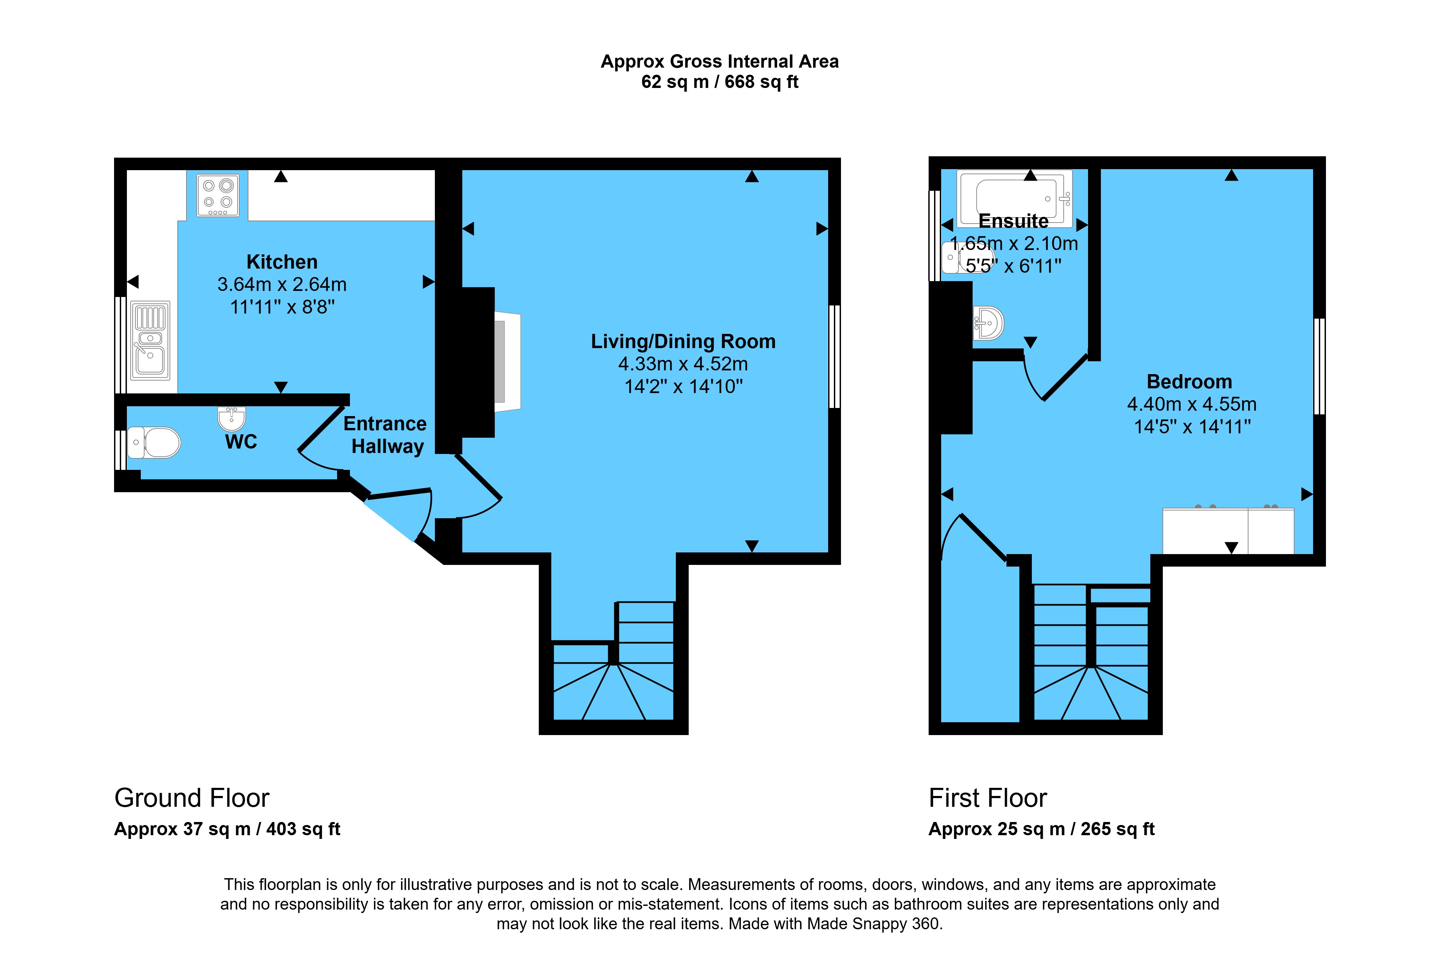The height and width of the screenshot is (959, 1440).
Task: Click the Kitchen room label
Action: (x=282, y=262)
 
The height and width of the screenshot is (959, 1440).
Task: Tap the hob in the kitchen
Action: (x=218, y=196)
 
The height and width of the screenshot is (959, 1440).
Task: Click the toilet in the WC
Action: (x=154, y=442)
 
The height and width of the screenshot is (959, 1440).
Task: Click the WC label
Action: (x=241, y=441)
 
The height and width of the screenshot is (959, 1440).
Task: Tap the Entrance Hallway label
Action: (x=385, y=435)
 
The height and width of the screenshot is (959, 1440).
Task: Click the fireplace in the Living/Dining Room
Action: (x=507, y=362)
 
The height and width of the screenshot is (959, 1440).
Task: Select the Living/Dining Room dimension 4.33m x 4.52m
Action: (x=683, y=364)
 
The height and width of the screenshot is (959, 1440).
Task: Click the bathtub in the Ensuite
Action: (x=1014, y=199)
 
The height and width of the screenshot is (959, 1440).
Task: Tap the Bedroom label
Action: (x=1189, y=382)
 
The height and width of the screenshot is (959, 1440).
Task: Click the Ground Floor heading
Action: (x=192, y=798)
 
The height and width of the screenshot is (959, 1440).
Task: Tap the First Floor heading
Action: (x=988, y=798)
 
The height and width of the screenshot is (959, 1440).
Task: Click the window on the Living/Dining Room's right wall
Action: (x=835, y=357)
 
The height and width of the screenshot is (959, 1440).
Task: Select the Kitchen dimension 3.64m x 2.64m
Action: (x=282, y=284)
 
